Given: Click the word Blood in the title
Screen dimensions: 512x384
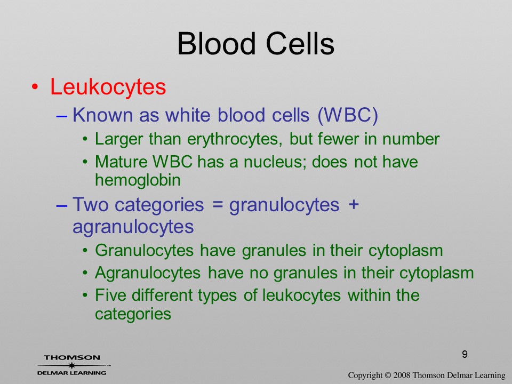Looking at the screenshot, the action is coord(216,44).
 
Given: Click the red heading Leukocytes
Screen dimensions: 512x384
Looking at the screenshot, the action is coord(108,87).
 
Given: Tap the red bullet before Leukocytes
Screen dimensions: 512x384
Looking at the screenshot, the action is coord(35,87).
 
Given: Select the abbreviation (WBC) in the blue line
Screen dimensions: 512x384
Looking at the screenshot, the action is coord(347,115).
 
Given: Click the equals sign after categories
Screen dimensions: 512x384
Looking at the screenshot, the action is coord(216,205).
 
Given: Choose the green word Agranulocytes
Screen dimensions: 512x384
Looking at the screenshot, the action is coord(148,274).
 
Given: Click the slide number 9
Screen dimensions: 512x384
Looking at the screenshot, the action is coord(465,354).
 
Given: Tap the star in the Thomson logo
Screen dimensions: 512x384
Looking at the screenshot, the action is coord(71,365).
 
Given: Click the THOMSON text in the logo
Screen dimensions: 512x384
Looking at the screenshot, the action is coord(72,357).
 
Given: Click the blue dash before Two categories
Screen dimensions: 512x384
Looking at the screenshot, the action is coord(62,206).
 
